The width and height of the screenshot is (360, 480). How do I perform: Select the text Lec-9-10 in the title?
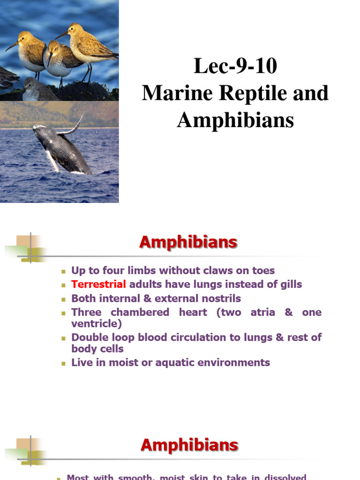tap(235, 67)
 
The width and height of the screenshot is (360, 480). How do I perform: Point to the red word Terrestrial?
tap(98, 284)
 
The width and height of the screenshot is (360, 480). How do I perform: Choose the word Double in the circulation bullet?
tap(89, 337)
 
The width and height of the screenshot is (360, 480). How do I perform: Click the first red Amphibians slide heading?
tap(188, 242)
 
